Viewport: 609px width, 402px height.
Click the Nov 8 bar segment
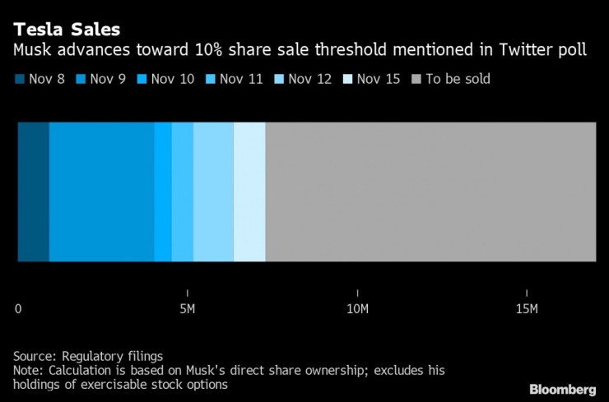pos(33,192)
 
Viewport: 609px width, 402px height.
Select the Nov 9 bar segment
pos(101,192)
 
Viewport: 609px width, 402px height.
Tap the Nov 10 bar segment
pos(163,192)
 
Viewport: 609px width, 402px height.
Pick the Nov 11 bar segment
pos(183,192)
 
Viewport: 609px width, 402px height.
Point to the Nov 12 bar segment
pos(213,192)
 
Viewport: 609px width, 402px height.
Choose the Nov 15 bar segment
pos(249,192)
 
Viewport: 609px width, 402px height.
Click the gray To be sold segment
pos(430,192)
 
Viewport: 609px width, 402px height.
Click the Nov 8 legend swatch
pos(18,79)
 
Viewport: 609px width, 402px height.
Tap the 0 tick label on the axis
pos(18,308)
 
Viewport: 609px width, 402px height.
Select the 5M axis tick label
pos(188,308)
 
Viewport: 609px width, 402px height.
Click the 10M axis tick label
pos(357,308)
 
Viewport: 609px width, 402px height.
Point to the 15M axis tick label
pos(527,308)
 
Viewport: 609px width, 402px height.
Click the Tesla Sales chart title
pos(66,30)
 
